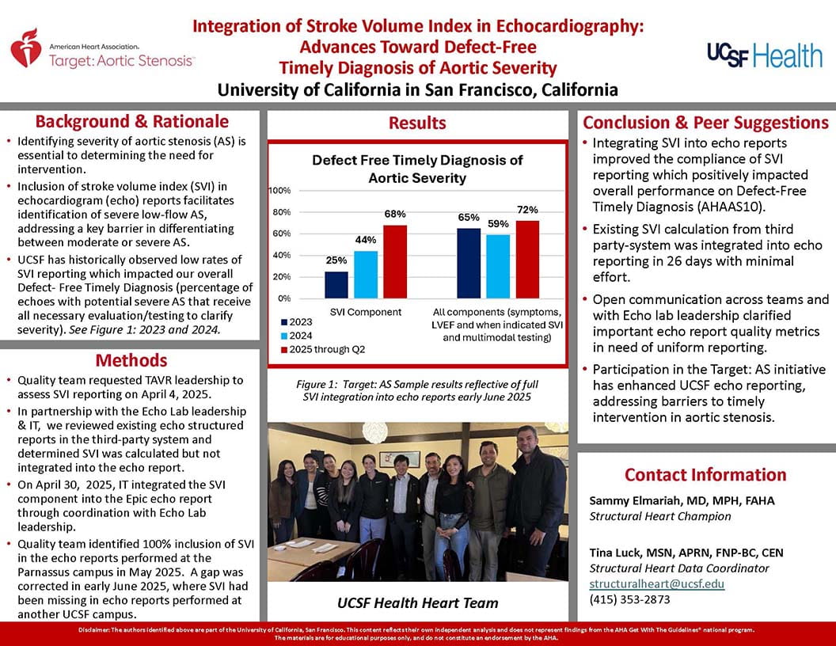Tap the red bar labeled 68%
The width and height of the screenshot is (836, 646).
395,262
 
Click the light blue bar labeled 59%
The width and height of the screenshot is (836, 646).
498,267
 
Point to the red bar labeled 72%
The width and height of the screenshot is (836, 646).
527,260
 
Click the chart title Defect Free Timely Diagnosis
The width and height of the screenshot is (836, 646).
417,169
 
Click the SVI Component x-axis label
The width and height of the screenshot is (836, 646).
365,312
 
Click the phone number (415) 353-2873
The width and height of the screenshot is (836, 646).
629,599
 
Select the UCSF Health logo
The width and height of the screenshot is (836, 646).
765,55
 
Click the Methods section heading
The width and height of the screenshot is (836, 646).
131,361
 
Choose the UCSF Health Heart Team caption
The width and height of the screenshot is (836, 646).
419,603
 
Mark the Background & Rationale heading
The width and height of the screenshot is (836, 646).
131,122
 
